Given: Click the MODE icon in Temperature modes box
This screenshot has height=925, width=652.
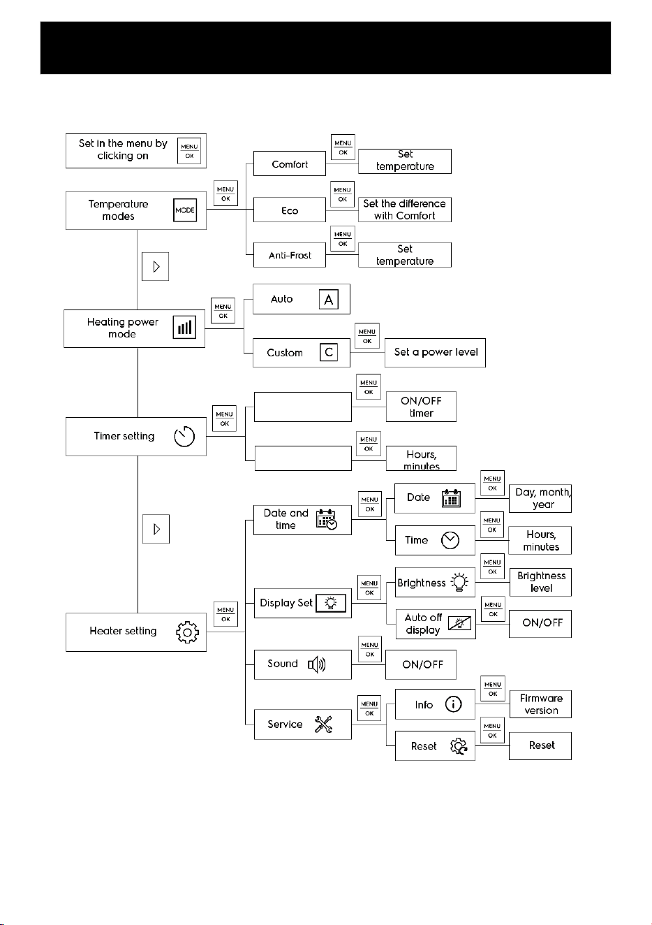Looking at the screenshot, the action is click(185, 210).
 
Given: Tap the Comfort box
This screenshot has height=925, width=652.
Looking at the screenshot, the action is click(289, 163).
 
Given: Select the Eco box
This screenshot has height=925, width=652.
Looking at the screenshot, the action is click(289, 210).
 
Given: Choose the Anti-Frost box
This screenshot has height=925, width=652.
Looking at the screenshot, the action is click(289, 255).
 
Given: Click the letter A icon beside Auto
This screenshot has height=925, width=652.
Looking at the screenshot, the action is click(329, 300).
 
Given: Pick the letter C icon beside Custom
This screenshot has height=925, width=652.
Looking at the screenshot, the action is click(329, 352).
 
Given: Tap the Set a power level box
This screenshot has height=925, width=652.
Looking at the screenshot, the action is click(435, 353).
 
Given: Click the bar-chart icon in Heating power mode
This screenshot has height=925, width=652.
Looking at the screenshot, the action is click(184, 328).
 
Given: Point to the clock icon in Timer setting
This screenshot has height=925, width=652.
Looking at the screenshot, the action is click(184, 437).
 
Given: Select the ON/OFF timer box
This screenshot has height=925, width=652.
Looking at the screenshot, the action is click(421, 407).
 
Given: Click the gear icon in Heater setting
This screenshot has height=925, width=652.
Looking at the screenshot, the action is click(187, 632).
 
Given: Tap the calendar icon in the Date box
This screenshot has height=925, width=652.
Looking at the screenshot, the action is click(451, 498).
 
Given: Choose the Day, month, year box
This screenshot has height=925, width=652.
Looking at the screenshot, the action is click(540, 498).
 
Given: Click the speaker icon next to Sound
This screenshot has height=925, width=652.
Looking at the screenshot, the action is click(316, 664).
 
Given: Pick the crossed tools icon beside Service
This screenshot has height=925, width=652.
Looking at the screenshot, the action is click(323, 724).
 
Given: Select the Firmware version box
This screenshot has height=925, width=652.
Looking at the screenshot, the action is click(540, 704).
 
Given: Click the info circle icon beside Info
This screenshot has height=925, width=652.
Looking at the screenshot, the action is click(453, 704).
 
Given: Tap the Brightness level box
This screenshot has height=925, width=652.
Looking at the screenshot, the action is click(540, 582).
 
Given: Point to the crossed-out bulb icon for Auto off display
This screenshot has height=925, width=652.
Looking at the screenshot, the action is click(459, 624).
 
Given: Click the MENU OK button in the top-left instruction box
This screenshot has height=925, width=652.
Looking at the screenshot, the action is click(189, 151).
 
